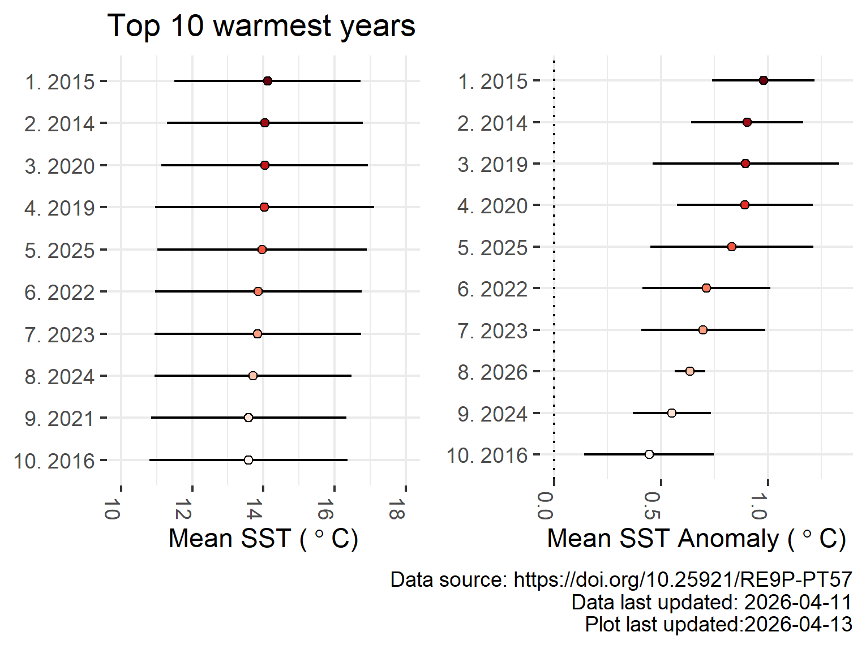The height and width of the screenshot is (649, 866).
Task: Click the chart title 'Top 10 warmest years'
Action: (261, 26)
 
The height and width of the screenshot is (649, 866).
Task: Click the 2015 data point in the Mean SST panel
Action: (268, 81)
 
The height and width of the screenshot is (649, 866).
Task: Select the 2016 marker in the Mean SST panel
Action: (248, 460)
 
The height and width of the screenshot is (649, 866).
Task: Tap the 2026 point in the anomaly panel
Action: (690, 371)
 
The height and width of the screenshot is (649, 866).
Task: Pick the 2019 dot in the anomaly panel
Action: (745, 164)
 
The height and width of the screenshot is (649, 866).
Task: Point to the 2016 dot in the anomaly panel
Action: (649, 454)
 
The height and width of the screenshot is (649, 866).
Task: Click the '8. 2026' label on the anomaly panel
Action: (492, 372)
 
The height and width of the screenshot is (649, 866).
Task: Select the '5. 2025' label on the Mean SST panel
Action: (59, 250)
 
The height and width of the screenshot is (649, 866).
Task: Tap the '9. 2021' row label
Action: (59, 419)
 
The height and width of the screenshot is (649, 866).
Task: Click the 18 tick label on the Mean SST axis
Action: (397, 509)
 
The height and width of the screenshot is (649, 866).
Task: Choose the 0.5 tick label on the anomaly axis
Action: (653, 506)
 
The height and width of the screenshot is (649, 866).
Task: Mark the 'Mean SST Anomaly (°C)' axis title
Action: (696, 539)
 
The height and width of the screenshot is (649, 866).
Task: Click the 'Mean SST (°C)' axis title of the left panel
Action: (263, 539)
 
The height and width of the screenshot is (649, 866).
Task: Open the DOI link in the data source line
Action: (683, 579)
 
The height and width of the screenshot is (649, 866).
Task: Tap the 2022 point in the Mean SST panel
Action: (258, 291)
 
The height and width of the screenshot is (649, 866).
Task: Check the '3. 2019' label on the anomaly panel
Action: (492, 165)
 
